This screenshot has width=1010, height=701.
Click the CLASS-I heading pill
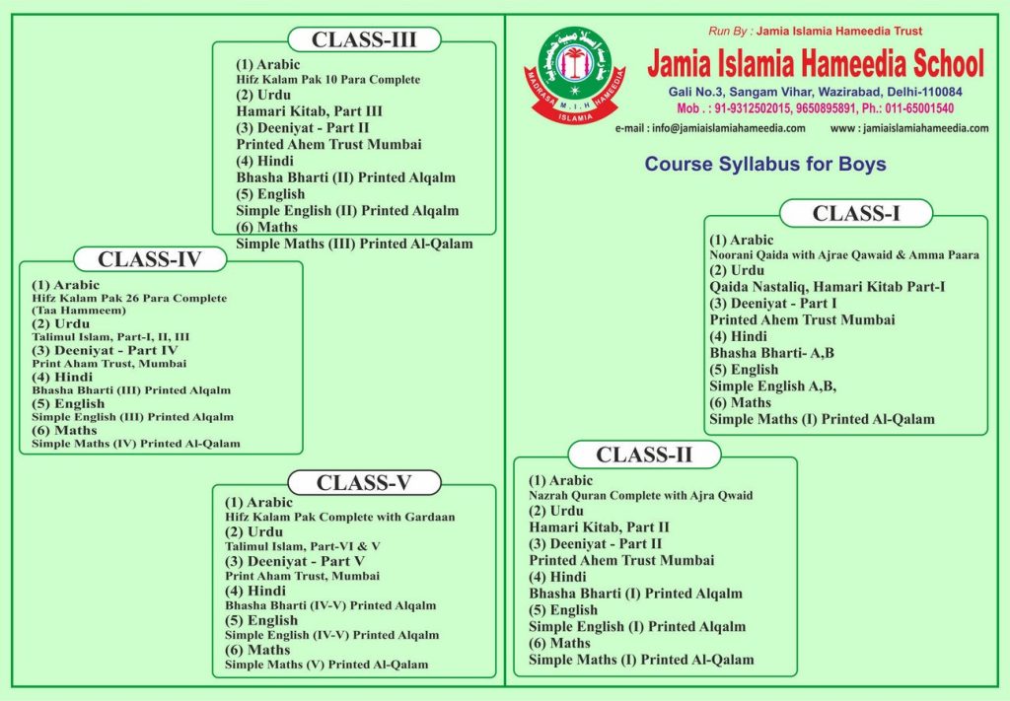click(x=855, y=213)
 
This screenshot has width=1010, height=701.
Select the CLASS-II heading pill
click(x=644, y=455)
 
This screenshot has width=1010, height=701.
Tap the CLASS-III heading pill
click(x=364, y=39)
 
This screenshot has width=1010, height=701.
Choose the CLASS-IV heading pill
click(x=149, y=259)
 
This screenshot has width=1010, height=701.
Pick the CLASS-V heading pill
click(x=363, y=482)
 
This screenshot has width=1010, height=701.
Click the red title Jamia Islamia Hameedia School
click(x=815, y=64)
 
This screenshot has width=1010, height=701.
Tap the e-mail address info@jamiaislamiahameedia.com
click(x=710, y=128)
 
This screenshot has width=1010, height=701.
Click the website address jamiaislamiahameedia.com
click(x=909, y=128)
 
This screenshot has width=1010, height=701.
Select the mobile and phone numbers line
click(x=815, y=108)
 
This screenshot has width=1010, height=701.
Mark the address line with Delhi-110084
click(x=815, y=92)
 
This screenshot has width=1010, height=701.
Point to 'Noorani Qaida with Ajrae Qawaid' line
click(x=844, y=255)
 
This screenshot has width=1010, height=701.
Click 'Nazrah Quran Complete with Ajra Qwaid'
click(x=640, y=496)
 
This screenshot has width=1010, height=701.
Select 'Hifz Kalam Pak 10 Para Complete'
click(x=328, y=80)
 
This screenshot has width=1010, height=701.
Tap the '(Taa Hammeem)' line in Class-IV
click(x=73, y=311)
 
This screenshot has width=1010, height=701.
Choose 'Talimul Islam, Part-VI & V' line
click(x=303, y=546)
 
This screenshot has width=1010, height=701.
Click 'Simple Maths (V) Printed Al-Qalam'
click(x=326, y=665)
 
